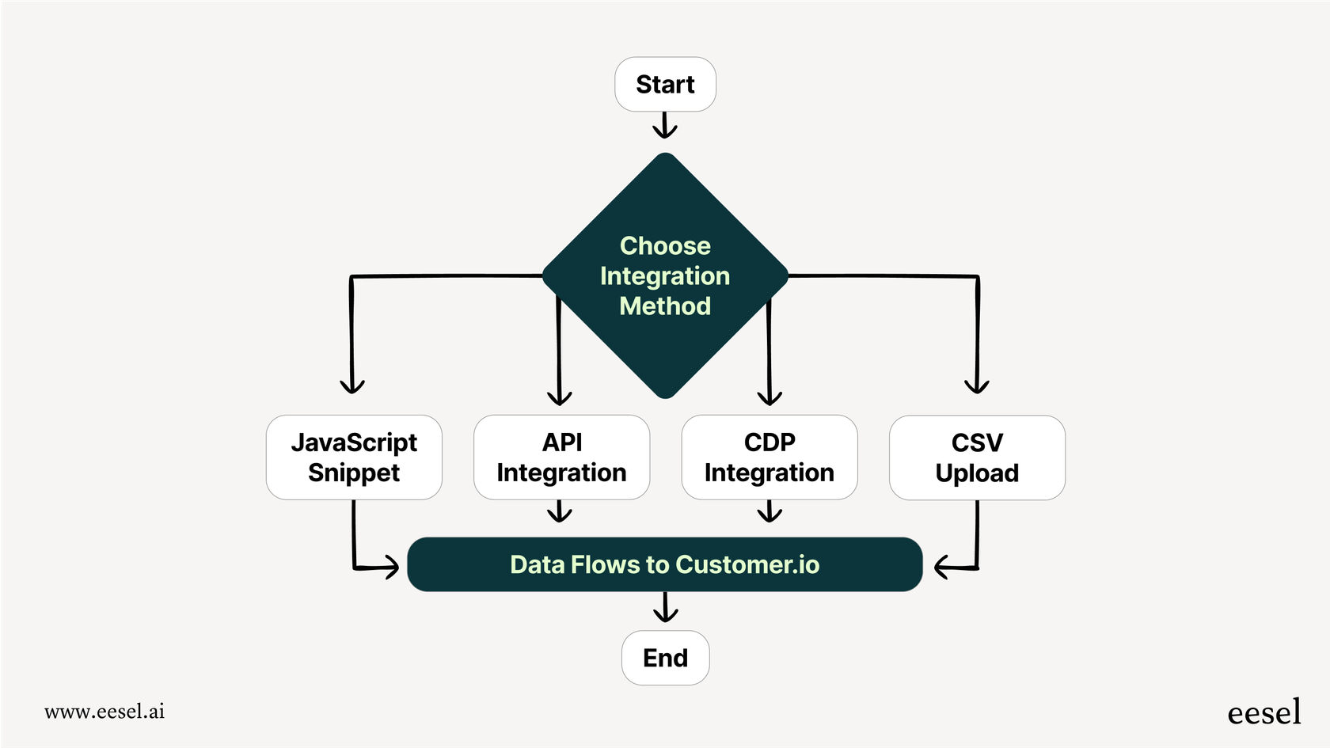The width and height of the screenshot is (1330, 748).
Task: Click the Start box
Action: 665,85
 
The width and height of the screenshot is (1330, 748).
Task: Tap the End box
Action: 665,658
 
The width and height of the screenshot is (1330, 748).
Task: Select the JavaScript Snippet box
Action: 354,458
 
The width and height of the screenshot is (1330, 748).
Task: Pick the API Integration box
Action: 561,458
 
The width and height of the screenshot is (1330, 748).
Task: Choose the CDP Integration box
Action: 769,458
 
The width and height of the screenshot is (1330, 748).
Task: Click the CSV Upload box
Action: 977,458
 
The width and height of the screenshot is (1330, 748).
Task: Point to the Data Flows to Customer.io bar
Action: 665,564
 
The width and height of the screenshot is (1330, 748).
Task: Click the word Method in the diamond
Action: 665,306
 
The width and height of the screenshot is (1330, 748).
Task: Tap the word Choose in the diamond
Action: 665,246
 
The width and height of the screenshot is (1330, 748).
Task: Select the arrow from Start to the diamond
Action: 665,125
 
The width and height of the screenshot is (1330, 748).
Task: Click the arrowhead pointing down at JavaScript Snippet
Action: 352,385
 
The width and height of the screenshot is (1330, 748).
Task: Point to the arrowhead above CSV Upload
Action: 977,385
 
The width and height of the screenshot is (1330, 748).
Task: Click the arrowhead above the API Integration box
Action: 560,397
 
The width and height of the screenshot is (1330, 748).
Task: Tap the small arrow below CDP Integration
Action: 769,512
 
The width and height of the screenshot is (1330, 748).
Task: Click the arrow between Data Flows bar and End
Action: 665,609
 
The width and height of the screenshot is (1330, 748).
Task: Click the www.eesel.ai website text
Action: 104,712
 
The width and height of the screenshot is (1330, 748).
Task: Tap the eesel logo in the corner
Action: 1263,713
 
